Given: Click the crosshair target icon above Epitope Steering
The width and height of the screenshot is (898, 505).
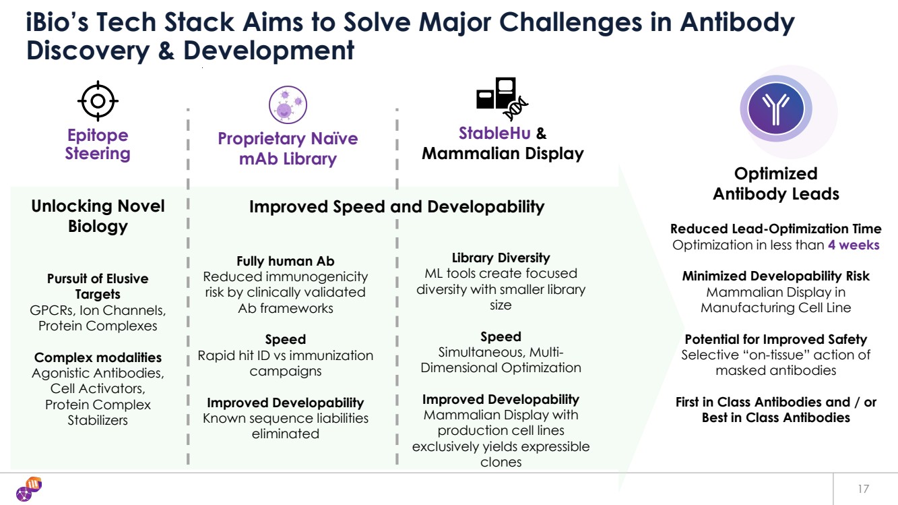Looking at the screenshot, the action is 98,100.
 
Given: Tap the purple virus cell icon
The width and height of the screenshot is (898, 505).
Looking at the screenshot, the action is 288,105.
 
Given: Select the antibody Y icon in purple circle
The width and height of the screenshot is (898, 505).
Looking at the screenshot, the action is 775,109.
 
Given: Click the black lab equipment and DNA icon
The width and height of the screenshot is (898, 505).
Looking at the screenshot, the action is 502,98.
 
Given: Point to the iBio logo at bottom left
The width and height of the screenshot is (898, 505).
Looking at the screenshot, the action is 29,489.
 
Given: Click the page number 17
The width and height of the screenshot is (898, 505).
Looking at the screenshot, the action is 864,489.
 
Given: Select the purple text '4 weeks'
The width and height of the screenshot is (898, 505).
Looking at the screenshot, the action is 854,245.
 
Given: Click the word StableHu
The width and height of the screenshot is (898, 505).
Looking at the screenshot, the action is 494,133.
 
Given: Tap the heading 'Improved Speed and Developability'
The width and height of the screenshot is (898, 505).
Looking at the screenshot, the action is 397,207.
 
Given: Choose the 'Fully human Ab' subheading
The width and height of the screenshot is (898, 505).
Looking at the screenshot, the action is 286,261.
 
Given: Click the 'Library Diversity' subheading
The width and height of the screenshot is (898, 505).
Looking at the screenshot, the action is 501,258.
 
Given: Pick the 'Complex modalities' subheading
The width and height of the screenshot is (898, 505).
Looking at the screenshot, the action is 98,357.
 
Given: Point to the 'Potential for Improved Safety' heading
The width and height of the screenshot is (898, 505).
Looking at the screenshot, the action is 775,339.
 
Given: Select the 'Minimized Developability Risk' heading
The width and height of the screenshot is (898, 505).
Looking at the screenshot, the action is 775,276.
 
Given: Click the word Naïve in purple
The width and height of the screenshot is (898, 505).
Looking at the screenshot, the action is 334,138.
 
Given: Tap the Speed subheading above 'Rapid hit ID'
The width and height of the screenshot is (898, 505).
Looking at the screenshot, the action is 286,339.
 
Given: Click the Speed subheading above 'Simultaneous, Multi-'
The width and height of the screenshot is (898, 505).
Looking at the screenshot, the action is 501,336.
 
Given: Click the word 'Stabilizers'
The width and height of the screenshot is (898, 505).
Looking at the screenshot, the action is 98,420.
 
